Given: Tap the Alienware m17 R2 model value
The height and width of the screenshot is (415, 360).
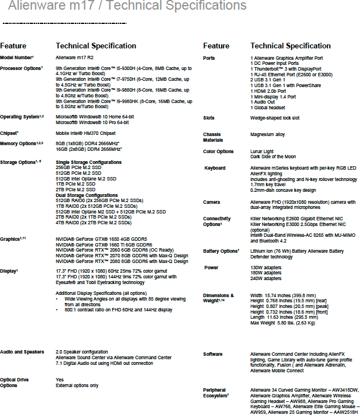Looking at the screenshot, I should tap(75, 58).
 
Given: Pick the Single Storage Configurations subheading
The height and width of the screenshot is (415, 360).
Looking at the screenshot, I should tap(88, 163).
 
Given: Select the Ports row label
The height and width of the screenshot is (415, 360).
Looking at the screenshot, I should tap(209, 58).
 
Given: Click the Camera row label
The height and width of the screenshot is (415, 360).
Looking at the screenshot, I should tap(212, 202).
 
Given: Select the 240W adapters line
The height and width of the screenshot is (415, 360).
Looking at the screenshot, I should tap(266, 279).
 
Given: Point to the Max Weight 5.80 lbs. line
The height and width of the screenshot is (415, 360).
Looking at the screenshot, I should tap(283, 323).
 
